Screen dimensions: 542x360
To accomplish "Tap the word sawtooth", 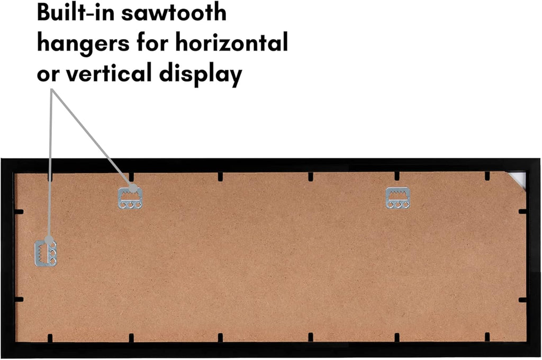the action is [174, 13].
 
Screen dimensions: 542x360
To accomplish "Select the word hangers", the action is [84, 44].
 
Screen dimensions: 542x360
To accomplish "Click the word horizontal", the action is [232, 42].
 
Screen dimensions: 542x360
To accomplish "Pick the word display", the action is [201, 74].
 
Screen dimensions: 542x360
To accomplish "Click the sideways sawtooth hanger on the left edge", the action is [46, 254].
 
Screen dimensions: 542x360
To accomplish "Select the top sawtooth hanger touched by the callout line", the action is [130, 198].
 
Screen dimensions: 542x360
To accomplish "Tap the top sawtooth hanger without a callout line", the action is [398, 198].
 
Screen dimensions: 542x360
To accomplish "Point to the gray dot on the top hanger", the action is [133, 188].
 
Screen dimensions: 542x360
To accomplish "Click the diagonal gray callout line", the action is [92, 139].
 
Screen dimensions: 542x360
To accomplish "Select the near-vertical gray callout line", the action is [50, 164].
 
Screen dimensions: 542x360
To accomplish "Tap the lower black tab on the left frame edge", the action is [19, 300].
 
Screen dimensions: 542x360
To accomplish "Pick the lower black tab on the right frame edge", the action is [522, 300].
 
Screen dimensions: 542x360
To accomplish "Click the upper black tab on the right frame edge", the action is [522, 211].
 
